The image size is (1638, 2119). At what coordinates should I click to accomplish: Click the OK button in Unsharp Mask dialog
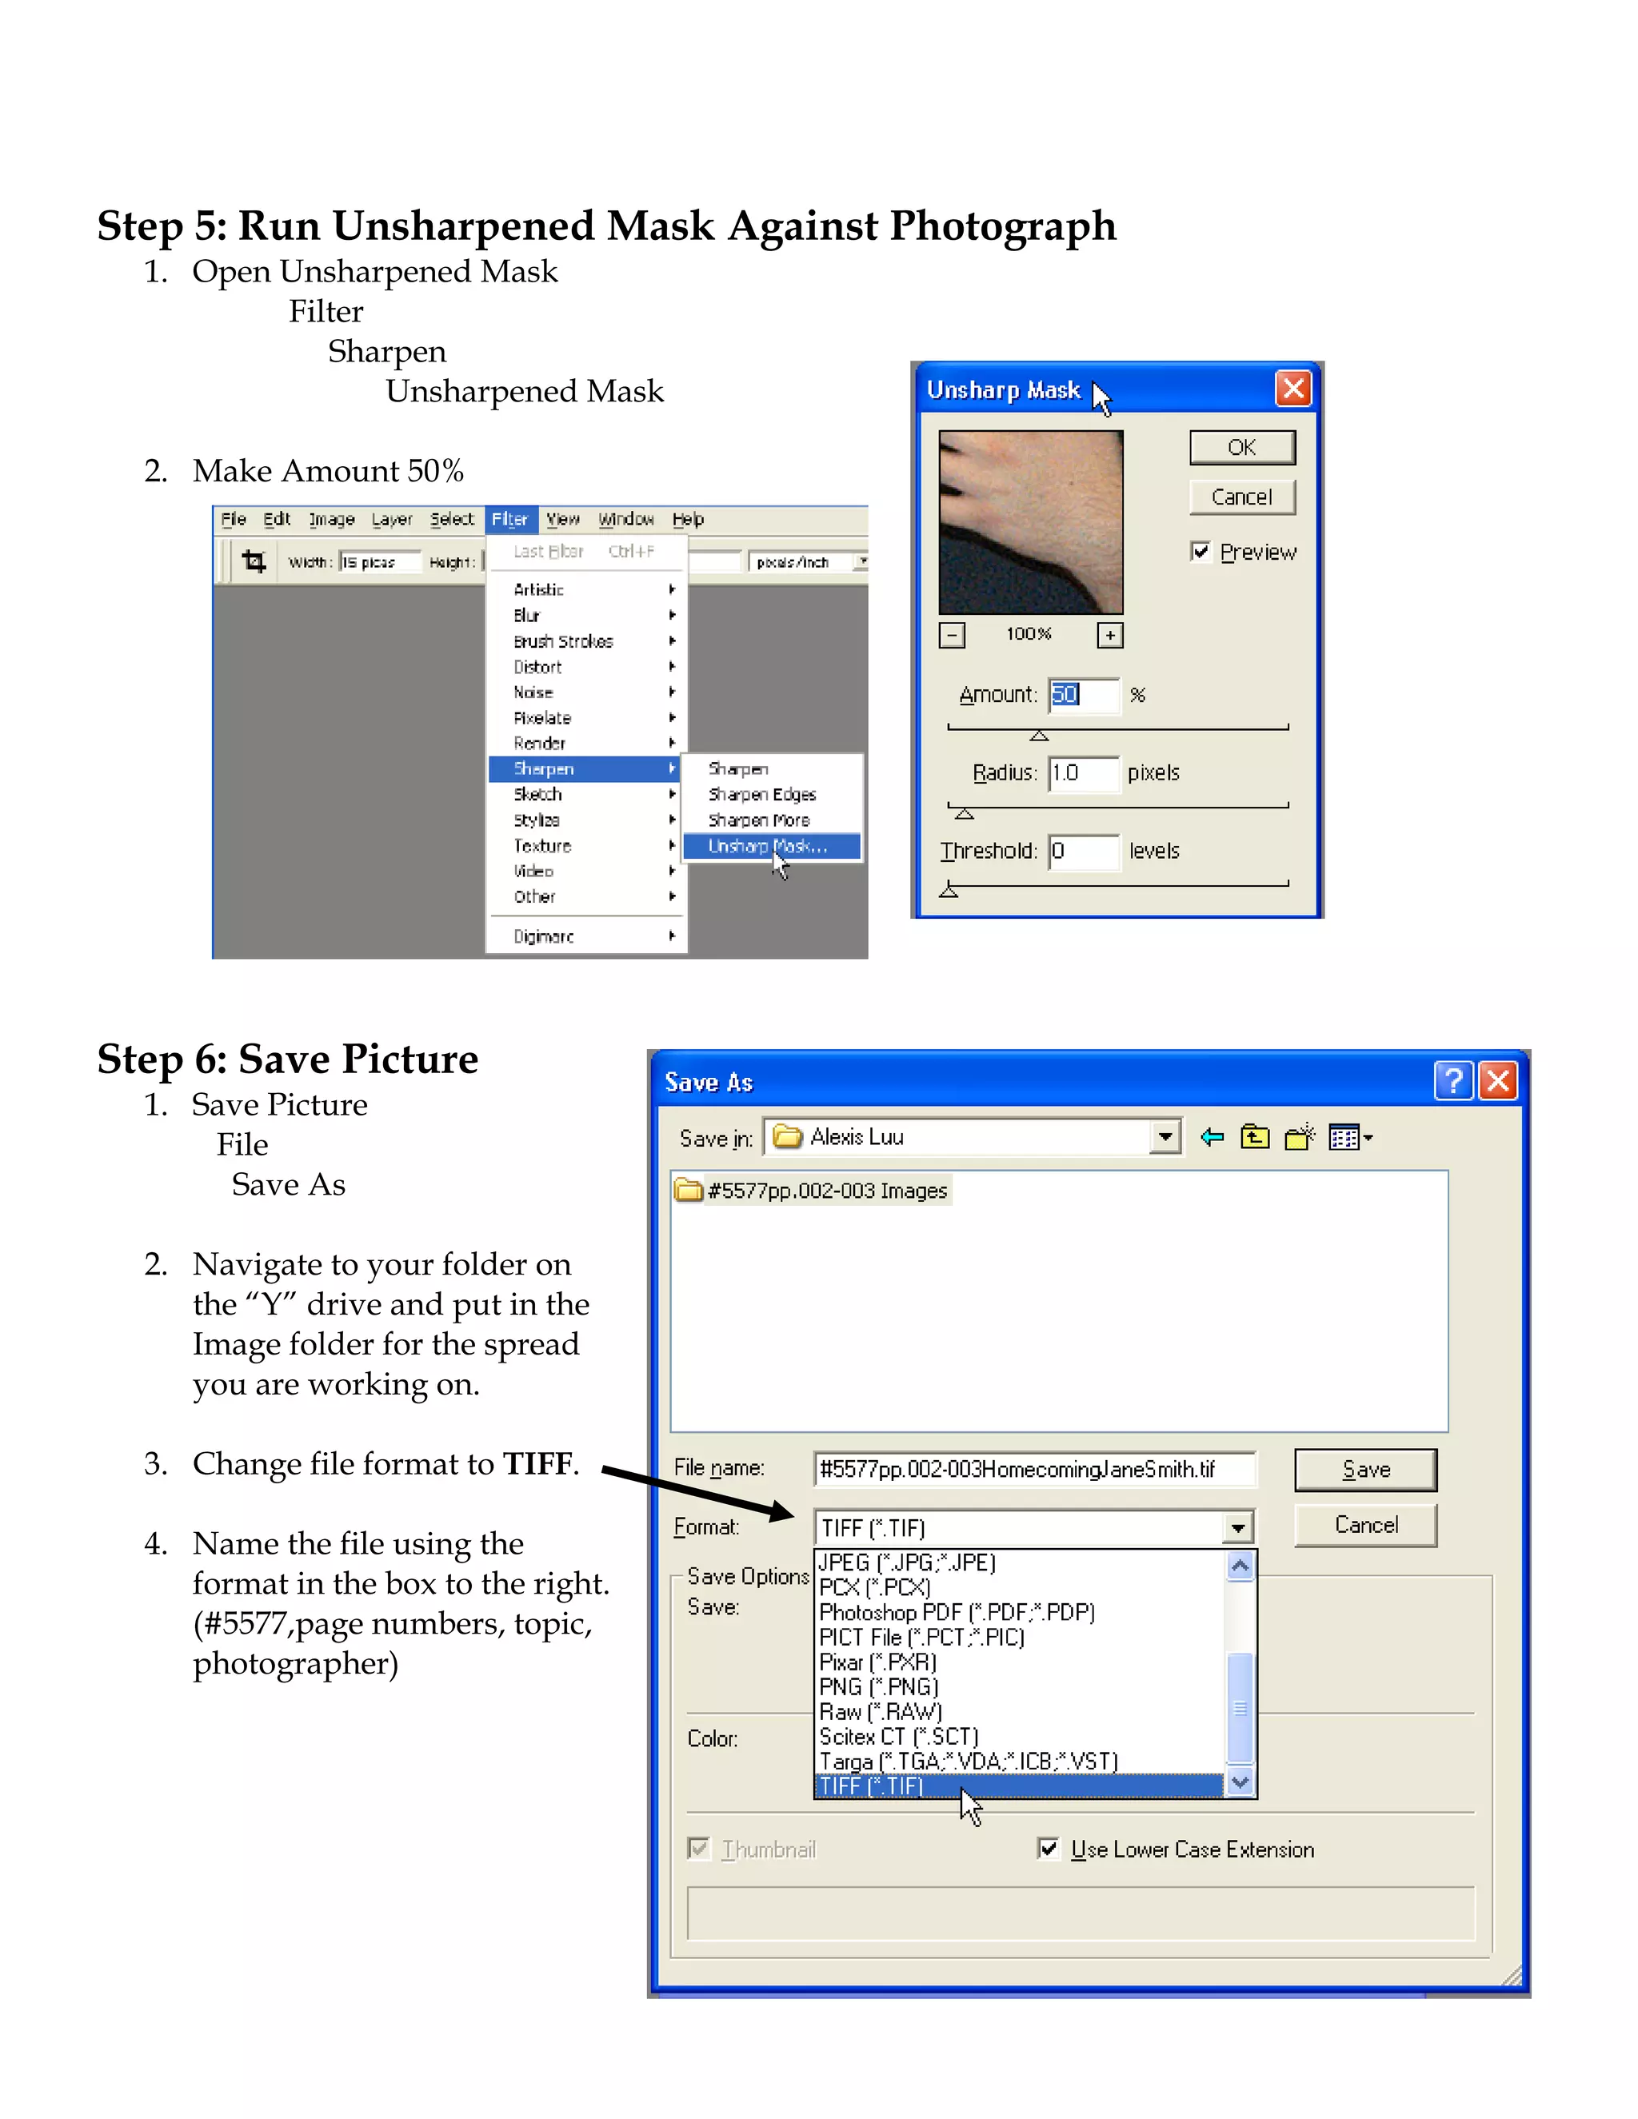click(x=1241, y=447)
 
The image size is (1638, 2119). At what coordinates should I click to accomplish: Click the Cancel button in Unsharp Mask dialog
click(x=1241, y=497)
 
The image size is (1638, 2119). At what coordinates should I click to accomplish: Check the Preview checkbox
click(x=1201, y=551)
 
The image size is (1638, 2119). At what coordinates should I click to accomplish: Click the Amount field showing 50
click(x=1083, y=695)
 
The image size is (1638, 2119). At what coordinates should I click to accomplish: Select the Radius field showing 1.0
click(x=1083, y=772)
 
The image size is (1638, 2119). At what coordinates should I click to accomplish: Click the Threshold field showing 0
click(x=1083, y=851)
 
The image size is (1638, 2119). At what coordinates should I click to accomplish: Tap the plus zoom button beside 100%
click(x=1109, y=635)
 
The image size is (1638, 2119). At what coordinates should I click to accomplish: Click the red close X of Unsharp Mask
click(x=1292, y=389)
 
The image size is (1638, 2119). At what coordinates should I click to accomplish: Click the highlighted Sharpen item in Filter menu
click(x=583, y=768)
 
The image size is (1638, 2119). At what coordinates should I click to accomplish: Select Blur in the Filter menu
click(x=527, y=615)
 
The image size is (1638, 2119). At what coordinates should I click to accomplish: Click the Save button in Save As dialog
click(x=1364, y=1470)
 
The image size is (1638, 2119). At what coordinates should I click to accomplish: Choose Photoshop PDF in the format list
click(x=956, y=1613)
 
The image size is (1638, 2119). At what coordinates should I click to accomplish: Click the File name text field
click(x=1033, y=1469)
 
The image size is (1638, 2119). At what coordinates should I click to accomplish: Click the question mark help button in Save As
click(x=1452, y=1079)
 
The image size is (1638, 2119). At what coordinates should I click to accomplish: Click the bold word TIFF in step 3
click(x=537, y=1463)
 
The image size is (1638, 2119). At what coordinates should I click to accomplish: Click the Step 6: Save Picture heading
click(x=287, y=1059)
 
